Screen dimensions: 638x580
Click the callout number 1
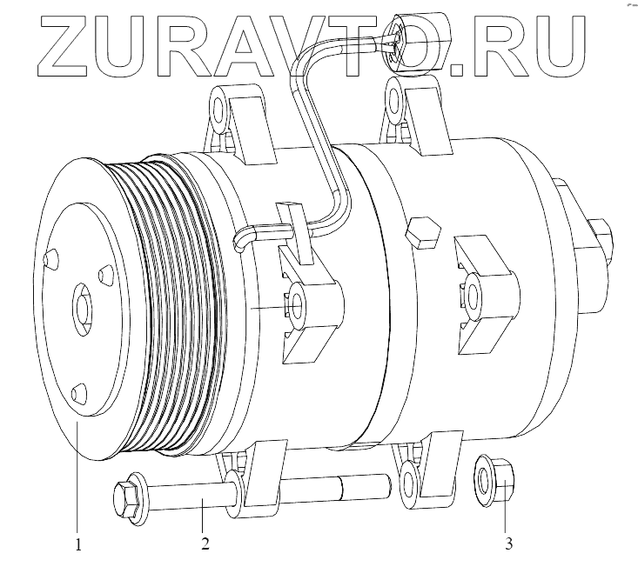78,543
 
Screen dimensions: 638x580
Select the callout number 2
205,543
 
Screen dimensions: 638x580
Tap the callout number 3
508,543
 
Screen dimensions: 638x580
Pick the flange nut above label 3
494,480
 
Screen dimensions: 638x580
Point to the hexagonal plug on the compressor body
423,232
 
